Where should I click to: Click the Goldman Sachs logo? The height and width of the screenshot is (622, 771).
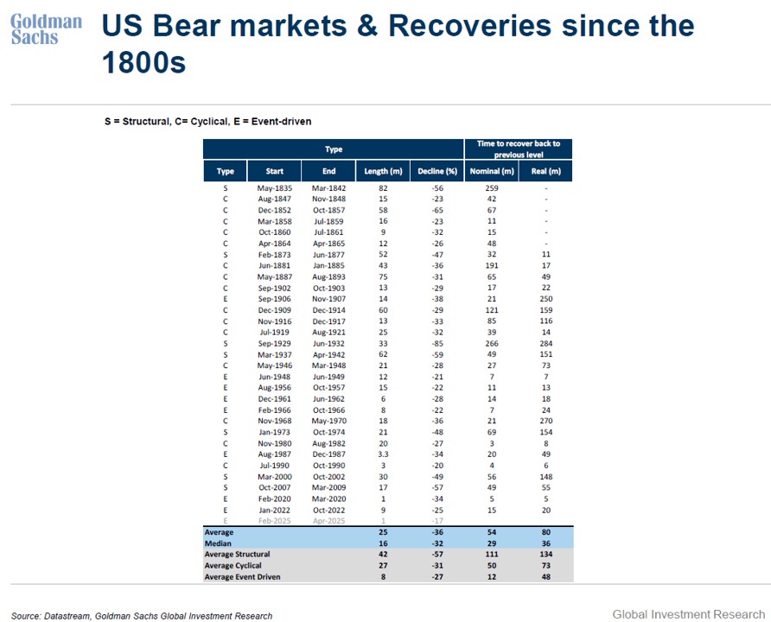(46, 29)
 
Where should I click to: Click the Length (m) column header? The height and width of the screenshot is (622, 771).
(383, 171)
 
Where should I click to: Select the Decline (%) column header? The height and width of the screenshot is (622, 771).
(437, 171)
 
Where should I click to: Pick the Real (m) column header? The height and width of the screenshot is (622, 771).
(546, 171)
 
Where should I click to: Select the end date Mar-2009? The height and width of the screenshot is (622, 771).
(329, 487)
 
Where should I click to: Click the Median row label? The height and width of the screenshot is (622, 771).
(219, 543)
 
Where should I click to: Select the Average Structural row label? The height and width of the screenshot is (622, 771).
(237, 555)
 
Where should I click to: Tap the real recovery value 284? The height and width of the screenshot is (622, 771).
(546, 343)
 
